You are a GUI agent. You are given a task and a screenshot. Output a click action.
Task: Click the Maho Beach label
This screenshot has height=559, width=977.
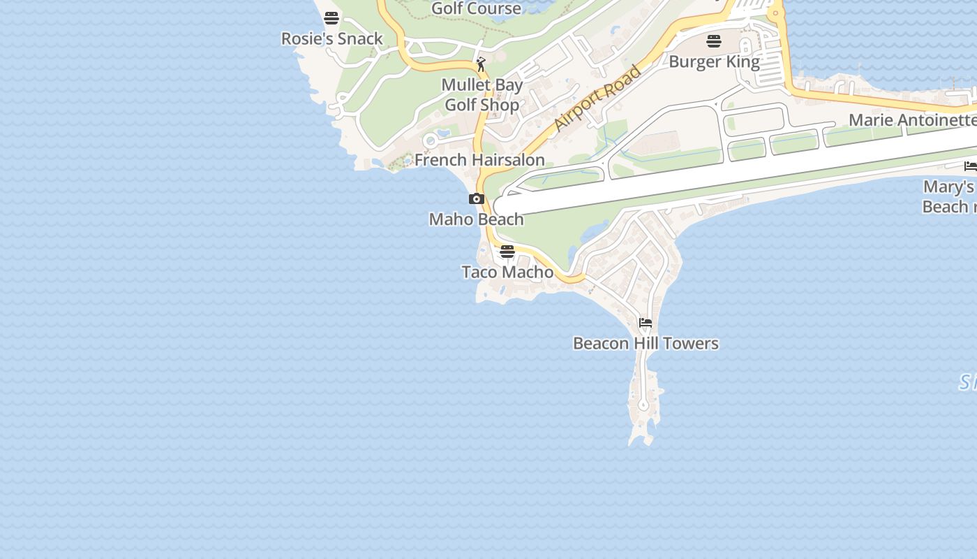point(476,219)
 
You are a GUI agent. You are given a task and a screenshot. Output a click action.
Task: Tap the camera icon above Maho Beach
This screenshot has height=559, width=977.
point(477,199)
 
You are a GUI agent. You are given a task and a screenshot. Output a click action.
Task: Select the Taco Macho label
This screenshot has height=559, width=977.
point(507,272)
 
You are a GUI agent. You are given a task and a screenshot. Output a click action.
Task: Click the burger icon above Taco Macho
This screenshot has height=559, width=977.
point(507,252)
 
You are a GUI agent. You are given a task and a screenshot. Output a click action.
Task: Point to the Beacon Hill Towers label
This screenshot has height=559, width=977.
point(646,343)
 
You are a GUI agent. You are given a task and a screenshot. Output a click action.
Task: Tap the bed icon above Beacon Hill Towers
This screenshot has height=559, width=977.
point(646,323)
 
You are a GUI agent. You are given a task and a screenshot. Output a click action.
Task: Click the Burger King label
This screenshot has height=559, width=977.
point(714,61)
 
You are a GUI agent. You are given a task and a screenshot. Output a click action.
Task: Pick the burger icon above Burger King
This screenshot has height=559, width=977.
point(713,41)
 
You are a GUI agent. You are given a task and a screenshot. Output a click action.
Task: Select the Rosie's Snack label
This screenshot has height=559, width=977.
point(332,38)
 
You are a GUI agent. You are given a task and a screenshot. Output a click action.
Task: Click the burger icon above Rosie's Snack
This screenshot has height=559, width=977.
point(331,18)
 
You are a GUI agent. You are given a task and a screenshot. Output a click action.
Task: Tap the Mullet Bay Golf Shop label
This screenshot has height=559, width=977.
point(482,95)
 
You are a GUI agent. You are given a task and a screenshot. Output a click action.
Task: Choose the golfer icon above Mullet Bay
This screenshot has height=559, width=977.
point(481,64)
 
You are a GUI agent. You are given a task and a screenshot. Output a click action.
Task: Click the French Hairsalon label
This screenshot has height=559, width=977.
point(479,160)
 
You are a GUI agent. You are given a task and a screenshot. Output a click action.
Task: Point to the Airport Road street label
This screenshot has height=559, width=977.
point(597,99)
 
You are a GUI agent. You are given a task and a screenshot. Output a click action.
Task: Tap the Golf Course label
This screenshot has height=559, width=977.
point(477,8)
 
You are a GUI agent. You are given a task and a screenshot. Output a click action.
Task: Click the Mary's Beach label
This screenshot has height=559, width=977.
point(948,196)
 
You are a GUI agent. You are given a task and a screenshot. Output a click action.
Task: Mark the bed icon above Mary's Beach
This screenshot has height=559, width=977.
point(970,166)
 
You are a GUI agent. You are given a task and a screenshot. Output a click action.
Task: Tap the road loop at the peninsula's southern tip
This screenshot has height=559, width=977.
point(643,405)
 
